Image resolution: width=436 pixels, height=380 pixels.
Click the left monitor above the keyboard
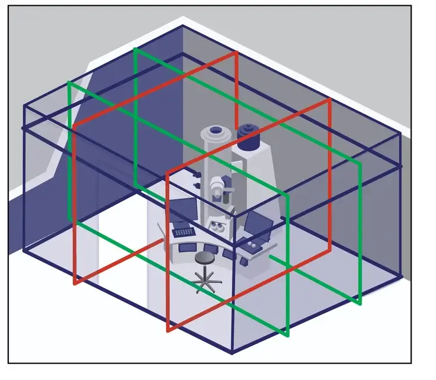point(184,209)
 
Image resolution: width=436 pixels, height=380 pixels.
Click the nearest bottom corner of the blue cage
point(232,352)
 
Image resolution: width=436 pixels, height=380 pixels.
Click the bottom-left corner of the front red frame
point(168,331)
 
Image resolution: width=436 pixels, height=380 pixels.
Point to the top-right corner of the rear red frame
point(237,52)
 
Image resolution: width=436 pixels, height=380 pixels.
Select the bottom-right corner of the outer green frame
point(360,303)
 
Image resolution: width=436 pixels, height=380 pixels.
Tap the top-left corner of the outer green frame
point(69,82)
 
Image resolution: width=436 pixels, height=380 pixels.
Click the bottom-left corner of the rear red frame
point(75,284)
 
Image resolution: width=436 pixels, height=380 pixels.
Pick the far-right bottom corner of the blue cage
point(401,275)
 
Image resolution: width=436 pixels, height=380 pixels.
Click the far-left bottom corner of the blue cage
point(24,251)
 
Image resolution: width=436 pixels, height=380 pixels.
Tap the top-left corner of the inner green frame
point(135,49)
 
